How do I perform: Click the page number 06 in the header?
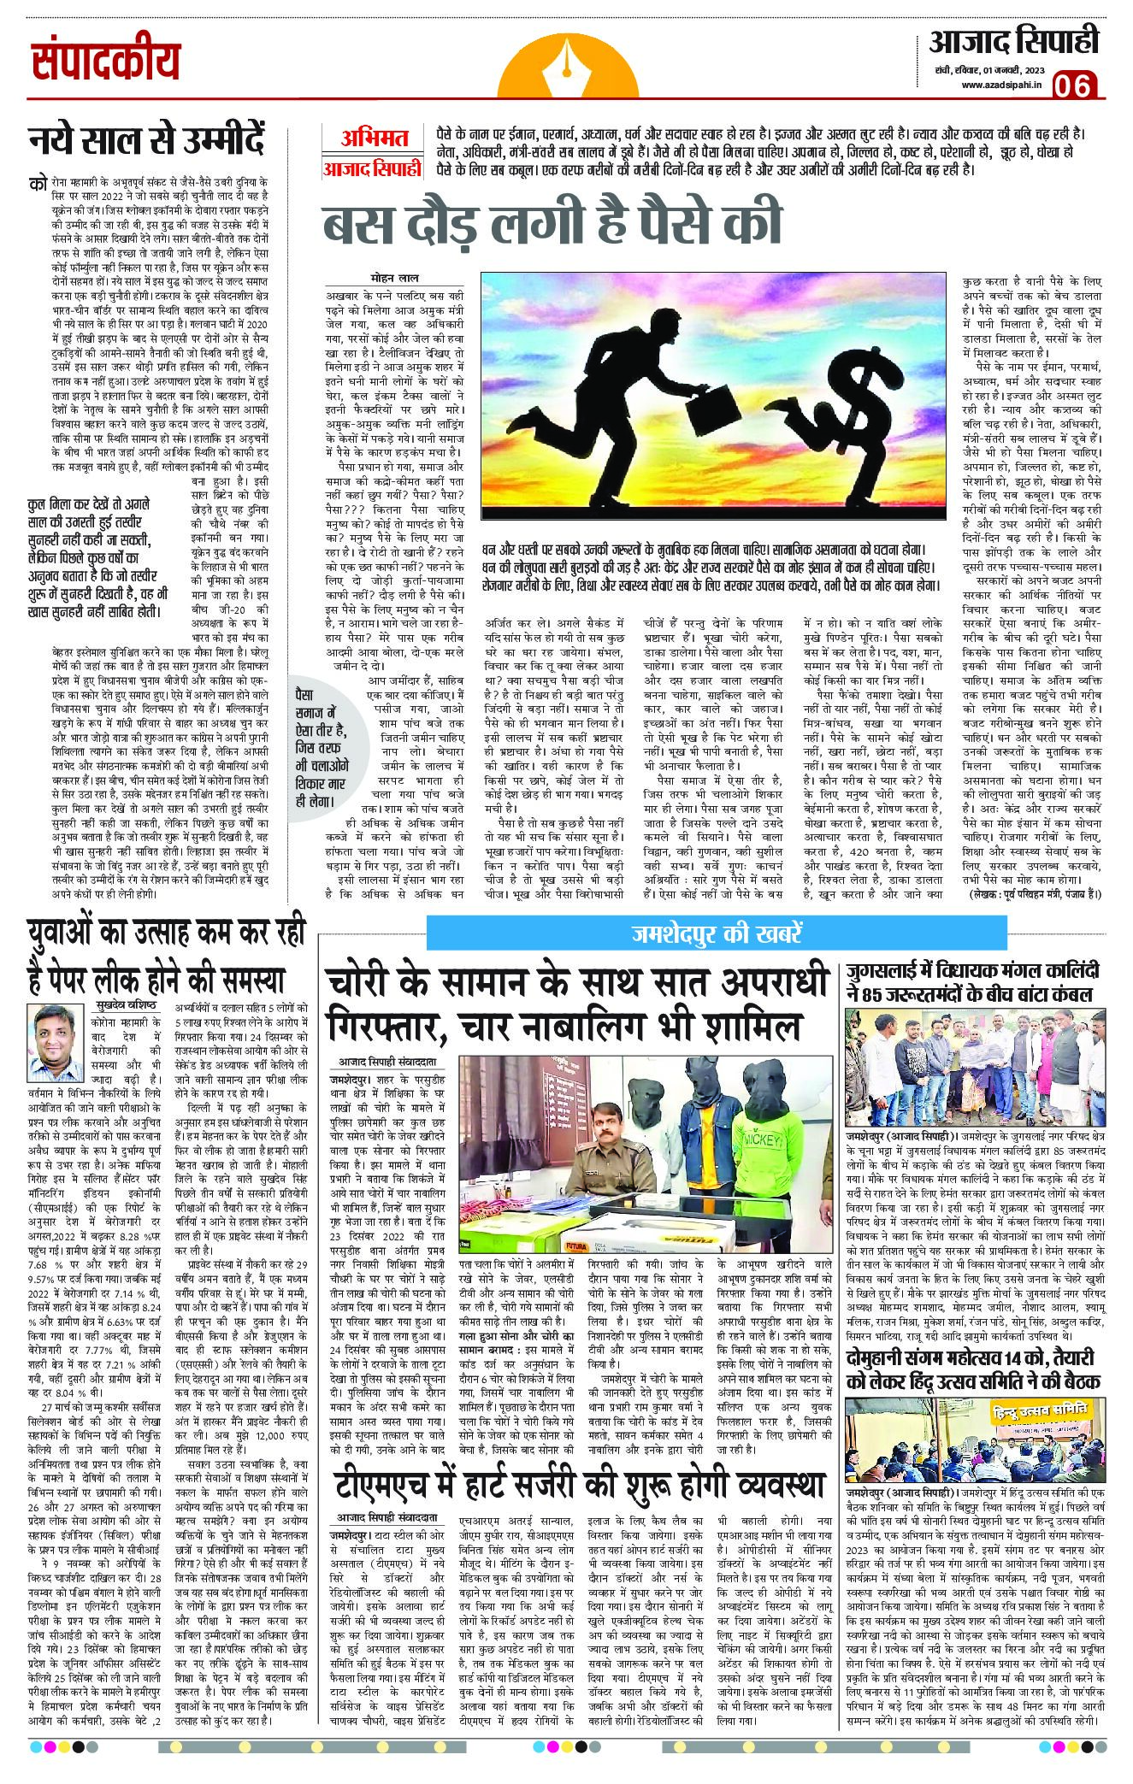coord(1076,85)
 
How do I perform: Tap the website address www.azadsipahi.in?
coord(1000,84)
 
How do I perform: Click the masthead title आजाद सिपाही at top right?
coord(1013,41)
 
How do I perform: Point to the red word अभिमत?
coord(375,138)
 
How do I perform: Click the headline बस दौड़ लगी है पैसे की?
coord(552,223)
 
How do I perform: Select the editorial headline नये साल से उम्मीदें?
coord(145,139)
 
